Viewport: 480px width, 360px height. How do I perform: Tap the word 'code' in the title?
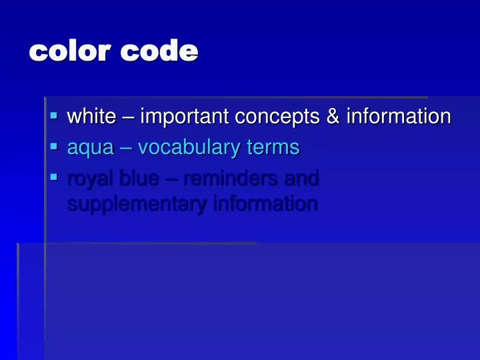click(x=159, y=51)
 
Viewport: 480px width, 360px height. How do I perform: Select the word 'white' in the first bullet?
click(x=92, y=117)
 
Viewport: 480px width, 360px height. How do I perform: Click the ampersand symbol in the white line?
click(x=333, y=117)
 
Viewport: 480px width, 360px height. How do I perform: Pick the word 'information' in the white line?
click(x=398, y=117)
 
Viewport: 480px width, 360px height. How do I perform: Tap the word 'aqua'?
click(x=91, y=148)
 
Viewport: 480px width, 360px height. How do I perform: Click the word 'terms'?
click(x=273, y=147)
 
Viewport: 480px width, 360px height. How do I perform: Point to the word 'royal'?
click(x=90, y=179)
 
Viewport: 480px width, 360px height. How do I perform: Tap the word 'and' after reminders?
click(x=301, y=178)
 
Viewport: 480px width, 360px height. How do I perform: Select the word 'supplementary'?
click(x=137, y=203)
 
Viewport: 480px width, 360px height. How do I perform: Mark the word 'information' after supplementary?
click(x=265, y=203)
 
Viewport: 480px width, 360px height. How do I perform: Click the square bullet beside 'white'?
click(x=54, y=115)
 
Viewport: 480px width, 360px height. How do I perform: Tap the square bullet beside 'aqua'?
click(x=54, y=146)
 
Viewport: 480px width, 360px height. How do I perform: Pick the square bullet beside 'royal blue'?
click(x=54, y=177)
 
